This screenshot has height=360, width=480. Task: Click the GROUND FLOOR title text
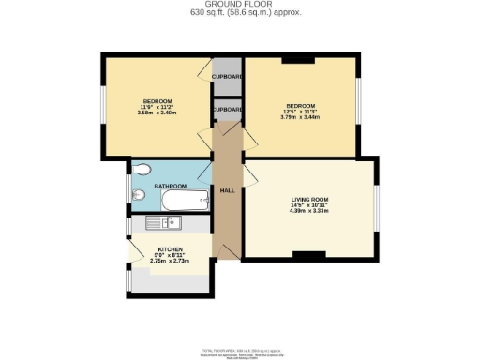[240, 5]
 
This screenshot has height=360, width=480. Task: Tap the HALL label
[227, 191]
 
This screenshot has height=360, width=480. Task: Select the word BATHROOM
[170, 187]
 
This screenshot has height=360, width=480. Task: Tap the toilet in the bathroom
[142, 170]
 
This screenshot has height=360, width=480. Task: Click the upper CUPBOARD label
[227, 77]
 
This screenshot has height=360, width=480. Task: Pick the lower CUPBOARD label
[227, 109]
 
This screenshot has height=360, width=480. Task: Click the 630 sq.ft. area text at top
[240, 14]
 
